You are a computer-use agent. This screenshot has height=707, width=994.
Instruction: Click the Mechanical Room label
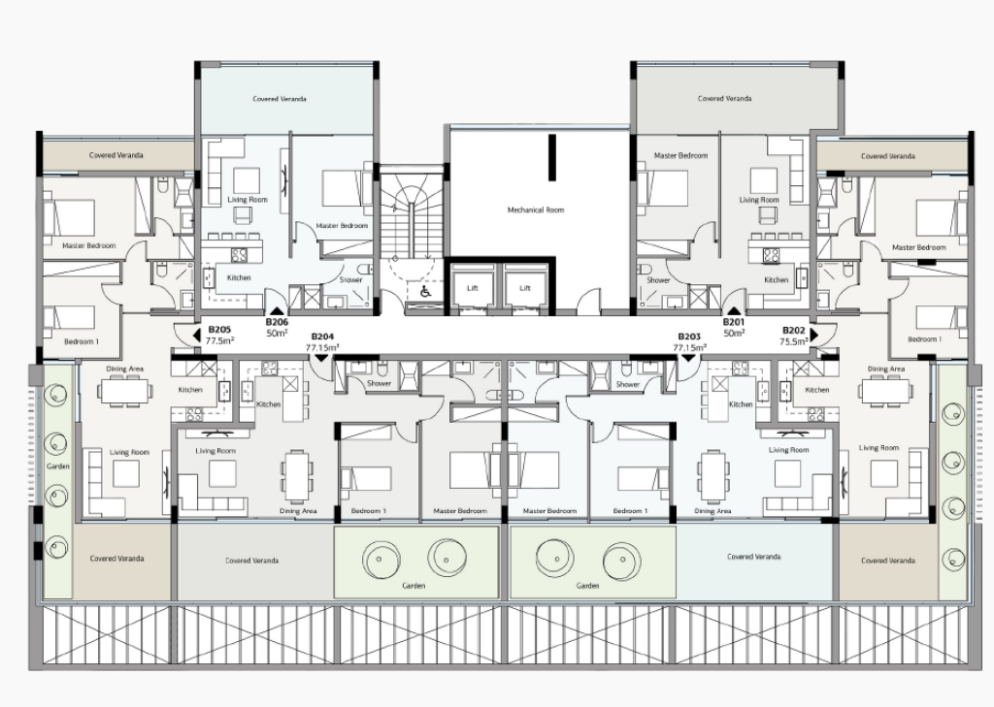535,209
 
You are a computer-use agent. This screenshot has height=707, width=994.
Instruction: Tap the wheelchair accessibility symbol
425,291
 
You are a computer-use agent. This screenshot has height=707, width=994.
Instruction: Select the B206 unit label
277,322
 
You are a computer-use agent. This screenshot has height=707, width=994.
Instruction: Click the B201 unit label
734,322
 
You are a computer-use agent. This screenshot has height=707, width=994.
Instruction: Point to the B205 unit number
219,330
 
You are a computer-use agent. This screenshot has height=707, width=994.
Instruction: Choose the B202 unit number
793,330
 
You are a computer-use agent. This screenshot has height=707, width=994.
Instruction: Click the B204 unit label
322,337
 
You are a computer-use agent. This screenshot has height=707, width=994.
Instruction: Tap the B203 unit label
689,337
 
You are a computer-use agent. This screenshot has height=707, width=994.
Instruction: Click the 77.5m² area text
220,340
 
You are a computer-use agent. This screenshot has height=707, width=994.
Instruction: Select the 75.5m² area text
794,340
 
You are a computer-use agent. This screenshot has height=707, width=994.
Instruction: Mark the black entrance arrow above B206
277,311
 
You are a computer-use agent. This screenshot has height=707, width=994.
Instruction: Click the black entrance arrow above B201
734,311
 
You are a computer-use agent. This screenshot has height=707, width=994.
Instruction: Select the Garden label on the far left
57,466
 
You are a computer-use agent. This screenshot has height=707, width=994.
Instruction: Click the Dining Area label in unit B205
125,369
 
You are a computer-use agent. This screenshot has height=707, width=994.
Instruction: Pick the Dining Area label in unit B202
886,369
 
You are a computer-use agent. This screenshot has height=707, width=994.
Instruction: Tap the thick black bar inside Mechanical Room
552,158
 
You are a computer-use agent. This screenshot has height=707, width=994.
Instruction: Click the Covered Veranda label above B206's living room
280,99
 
